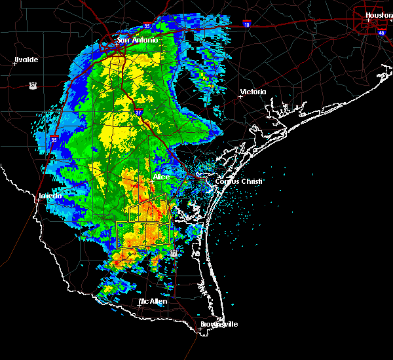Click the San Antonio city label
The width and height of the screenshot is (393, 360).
[x=138, y=41]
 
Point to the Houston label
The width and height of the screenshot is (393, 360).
[x=379, y=15]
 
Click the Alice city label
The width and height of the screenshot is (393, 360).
[x=160, y=177]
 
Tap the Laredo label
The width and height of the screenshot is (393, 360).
[x=50, y=196]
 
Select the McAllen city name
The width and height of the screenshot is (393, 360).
[x=153, y=302]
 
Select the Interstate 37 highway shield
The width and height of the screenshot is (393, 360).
[x=138, y=111]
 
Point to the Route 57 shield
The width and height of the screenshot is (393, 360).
[x=32, y=85]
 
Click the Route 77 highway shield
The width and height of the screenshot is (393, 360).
[x=174, y=253]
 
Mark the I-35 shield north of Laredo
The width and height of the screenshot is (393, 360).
[x=54, y=139]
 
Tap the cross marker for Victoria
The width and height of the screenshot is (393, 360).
[x=240, y=96]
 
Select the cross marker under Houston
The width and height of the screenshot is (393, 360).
[x=369, y=20]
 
